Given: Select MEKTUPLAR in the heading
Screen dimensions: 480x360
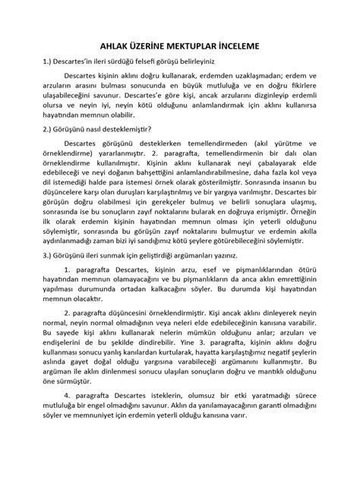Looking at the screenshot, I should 200,46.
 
